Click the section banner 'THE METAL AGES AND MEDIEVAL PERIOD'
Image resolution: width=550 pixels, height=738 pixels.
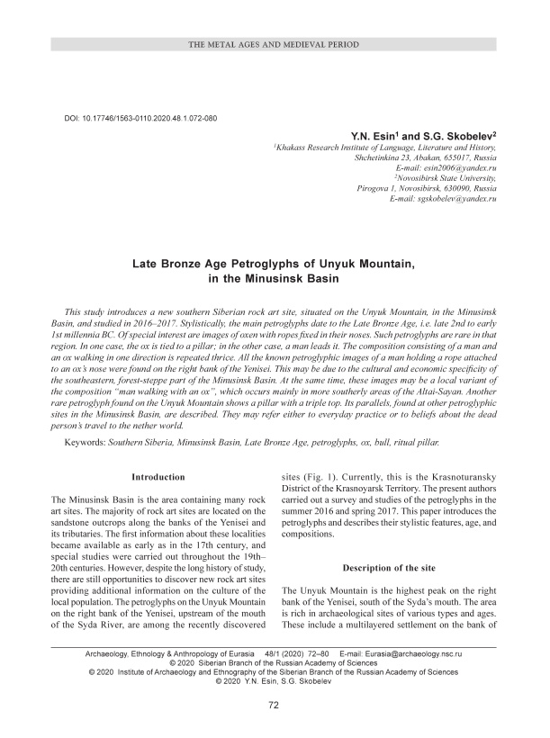[x=275, y=44]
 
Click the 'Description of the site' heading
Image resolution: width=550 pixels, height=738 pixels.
[x=388, y=568]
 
